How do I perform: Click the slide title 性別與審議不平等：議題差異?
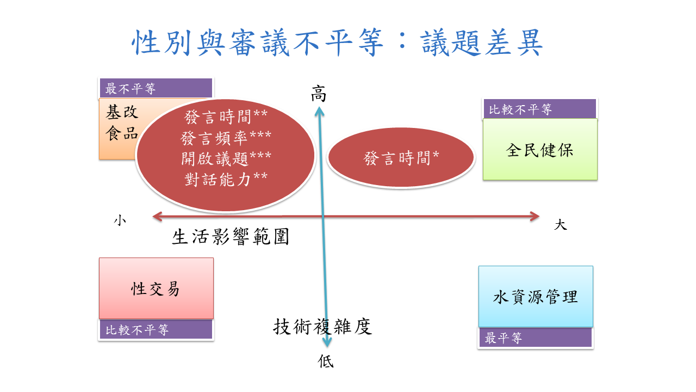338,43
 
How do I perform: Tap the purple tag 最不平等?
156,88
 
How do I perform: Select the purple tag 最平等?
535,338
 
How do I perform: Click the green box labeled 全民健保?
540,150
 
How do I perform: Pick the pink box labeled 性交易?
156,289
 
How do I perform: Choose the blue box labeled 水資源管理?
536,297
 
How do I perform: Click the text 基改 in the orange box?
122,113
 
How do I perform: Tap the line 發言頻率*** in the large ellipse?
226,138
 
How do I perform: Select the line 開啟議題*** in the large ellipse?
226,158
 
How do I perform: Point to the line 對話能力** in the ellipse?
226,179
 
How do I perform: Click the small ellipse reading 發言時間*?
401,158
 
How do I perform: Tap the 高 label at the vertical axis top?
319,94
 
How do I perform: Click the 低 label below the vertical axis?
326,362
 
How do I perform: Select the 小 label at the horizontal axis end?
120,220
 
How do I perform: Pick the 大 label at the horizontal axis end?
560,224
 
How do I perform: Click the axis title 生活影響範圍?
230,237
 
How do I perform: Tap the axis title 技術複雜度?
322,327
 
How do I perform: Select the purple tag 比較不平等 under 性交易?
156,329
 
